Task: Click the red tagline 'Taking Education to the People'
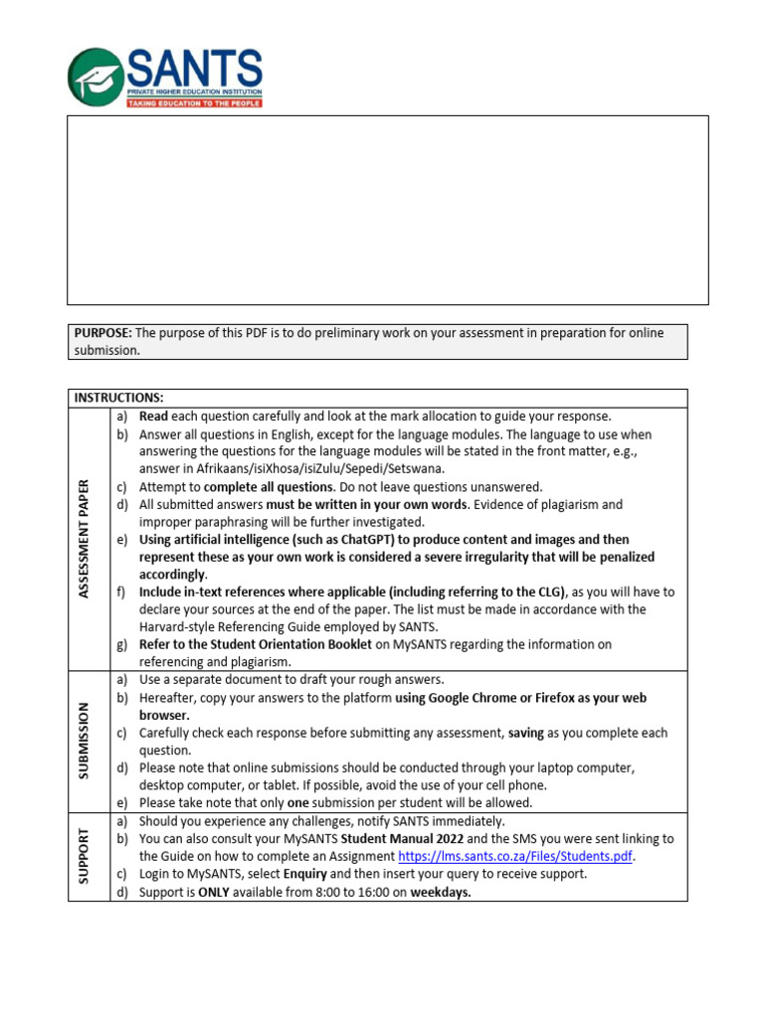(x=194, y=102)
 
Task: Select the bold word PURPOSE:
(x=102, y=333)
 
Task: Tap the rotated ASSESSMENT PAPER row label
(x=86, y=538)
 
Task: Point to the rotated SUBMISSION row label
(x=86, y=742)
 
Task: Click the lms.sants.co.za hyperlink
(x=515, y=856)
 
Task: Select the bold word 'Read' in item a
(x=154, y=417)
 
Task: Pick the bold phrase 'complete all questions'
(x=269, y=487)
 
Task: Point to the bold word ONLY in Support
(x=215, y=892)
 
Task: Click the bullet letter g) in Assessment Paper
(x=122, y=644)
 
